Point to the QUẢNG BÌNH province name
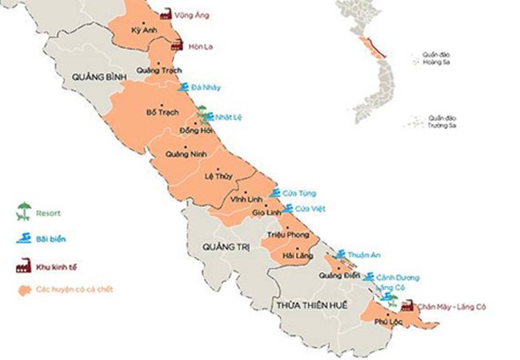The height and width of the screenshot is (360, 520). [x=96, y=77]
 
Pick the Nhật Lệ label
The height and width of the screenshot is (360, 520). [x=228, y=117]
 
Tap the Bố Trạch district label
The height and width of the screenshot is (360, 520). [x=162, y=113]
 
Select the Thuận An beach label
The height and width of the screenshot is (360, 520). [x=366, y=254]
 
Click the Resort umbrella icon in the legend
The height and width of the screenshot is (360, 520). [x=25, y=211]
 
